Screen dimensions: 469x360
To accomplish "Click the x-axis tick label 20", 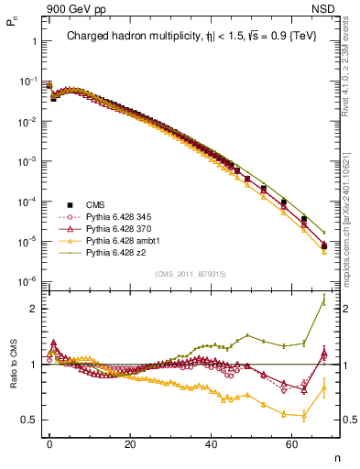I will [131, 443].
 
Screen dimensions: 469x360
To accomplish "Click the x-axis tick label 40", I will [212, 443].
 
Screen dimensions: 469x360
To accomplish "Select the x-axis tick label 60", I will [292, 443].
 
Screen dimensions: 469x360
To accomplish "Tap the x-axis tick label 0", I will [50, 443].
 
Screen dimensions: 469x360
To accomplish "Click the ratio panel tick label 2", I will [32, 309].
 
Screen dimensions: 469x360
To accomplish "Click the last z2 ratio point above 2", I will [323, 300].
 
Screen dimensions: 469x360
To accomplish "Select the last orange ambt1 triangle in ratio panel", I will [323, 387].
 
